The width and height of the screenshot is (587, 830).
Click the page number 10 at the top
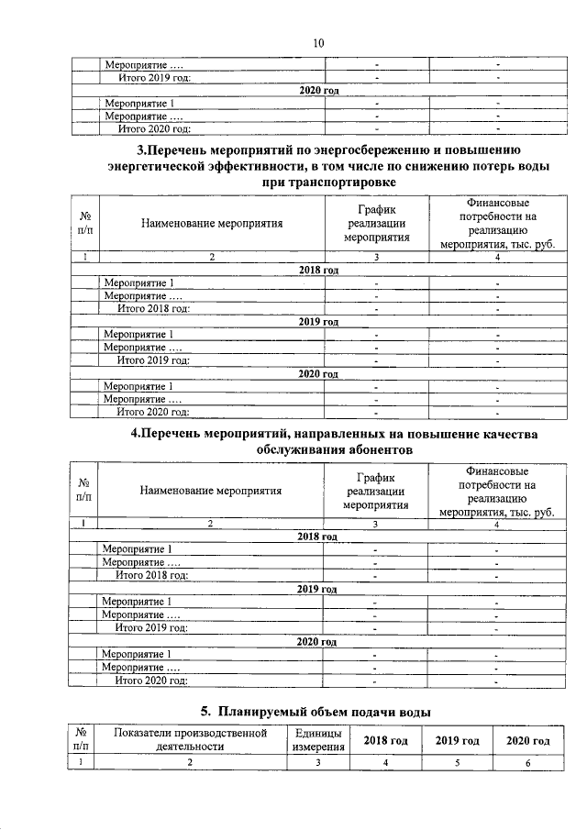coord(318,42)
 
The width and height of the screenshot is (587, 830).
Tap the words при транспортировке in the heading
coord(318,183)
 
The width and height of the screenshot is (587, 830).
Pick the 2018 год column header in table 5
coord(385,740)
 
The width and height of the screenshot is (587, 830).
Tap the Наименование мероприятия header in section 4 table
coord(210,490)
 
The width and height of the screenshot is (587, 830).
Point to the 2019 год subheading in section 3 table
coord(318,322)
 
